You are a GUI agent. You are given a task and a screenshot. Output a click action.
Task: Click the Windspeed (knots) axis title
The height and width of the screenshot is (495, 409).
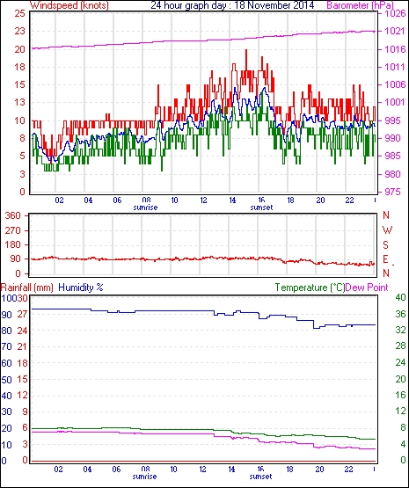pyautogui.click(x=69, y=5)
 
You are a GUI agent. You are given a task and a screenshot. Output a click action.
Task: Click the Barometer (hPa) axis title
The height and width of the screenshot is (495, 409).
pyautogui.click(x=360, y=5)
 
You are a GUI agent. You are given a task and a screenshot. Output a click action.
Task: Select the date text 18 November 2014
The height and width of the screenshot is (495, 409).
pyautogui.click(x=274, y=5)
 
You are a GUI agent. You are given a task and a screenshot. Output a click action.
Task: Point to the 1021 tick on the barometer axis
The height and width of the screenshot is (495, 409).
pyautogui.click(x=395, y=31)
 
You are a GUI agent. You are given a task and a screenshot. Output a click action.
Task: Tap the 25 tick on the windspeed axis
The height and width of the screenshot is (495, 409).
pyautogui.click(x=20, y=13)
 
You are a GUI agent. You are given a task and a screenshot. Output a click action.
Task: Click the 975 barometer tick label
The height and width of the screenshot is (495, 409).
pyautogui.click(x=392, y=192)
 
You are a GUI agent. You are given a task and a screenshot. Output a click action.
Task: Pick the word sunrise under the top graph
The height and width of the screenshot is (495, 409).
pyautogui.click(x=145, y=207)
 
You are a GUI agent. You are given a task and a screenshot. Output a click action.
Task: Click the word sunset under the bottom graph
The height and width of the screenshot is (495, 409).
pyautogui.click(x=260, y=477)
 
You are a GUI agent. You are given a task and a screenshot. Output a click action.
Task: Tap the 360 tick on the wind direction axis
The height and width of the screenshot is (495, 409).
pyautogui.click(x=13, y=216)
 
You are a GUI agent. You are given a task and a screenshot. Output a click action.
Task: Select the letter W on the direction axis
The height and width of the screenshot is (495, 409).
pyautogui.click(x=387, y=230)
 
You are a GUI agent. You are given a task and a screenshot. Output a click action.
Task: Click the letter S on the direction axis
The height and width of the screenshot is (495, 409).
pyautogui.click(x=385, y=245)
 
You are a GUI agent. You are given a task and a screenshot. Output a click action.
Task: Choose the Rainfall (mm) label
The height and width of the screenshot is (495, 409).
pyautogui.click(x=27, y=288)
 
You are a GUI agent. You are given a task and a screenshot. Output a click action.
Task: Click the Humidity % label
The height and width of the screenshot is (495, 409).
pyautogui.click(x=81, y=288)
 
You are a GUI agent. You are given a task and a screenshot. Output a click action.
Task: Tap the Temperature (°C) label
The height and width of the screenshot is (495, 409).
pyautogui.click(x=310, y=288)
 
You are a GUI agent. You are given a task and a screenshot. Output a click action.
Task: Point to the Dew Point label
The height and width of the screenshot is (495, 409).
pyautogui.click(x=367, y=288)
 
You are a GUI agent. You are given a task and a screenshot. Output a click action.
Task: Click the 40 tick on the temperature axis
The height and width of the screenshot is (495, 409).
pyautogui.click(x=400, y=297)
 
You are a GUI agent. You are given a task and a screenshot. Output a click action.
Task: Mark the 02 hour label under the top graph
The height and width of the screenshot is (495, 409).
pyautogui.click(x=60, y=200)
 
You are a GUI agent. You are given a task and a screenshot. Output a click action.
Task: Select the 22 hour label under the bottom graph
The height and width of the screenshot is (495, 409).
pyautogui.click(x=348, y=470)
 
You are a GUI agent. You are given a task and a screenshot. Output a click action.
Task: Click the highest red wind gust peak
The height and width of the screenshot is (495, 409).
pyautogui.click(x=246, y=50)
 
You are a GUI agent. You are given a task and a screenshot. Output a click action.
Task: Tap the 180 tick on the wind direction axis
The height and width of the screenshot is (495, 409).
pyautogui.click(x=13, y=245)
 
